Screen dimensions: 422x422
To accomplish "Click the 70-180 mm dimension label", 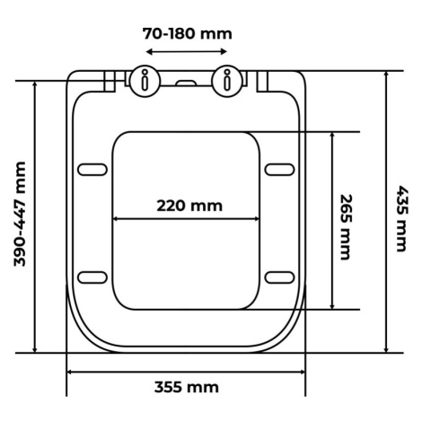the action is (187, 33).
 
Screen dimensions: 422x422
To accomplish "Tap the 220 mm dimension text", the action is (189, 206).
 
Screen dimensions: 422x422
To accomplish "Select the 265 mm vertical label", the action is (347, 227).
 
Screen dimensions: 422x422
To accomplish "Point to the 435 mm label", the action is (402, 219).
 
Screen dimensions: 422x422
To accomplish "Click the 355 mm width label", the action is (187, 387).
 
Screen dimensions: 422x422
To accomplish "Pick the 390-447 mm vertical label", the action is (20, 214).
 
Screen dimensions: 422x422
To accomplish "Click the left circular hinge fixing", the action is (145, 81).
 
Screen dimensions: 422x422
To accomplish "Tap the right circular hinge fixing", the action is (227, 81).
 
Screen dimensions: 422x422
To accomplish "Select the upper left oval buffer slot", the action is (92, 170).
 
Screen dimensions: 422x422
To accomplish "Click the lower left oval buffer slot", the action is (92, 277).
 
